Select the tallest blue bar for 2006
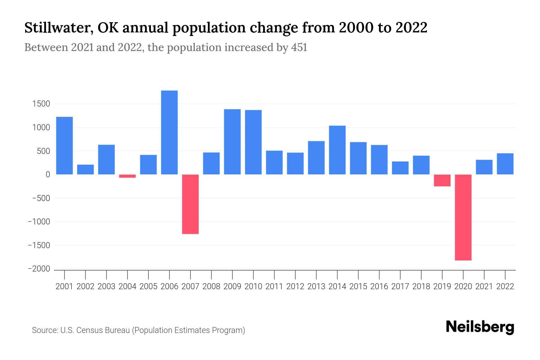[169, 132]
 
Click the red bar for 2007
[190, 204]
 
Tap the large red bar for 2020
[463, 217]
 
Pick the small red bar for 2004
[127, 176]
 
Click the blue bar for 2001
[64, 145]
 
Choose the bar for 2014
[337, 150]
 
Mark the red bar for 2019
[442, 180]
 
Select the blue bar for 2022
[505, 164]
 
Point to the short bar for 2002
[85, 169]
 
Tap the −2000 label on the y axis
[39, 269]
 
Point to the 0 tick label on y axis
[48, 175]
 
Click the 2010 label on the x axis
[253, 286]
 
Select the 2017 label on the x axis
[400, 286]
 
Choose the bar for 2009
[232, 142]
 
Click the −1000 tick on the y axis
[39, 222]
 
